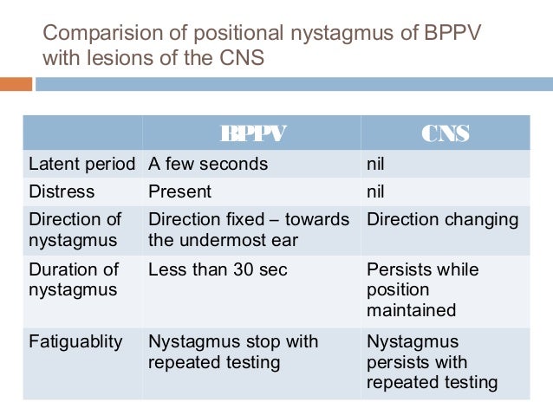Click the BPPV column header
point(252,133)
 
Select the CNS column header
point(445,133)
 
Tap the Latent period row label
point(82,164)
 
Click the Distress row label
point(62,191)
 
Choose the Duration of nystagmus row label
point(73,280)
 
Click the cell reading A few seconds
point(208,164)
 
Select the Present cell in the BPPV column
point(179,191)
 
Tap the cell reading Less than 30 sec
point(218,270)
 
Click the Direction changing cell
point(442,219)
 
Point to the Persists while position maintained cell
point(422,289)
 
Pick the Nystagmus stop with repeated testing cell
point(233,352)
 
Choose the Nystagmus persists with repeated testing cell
point(432,361)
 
